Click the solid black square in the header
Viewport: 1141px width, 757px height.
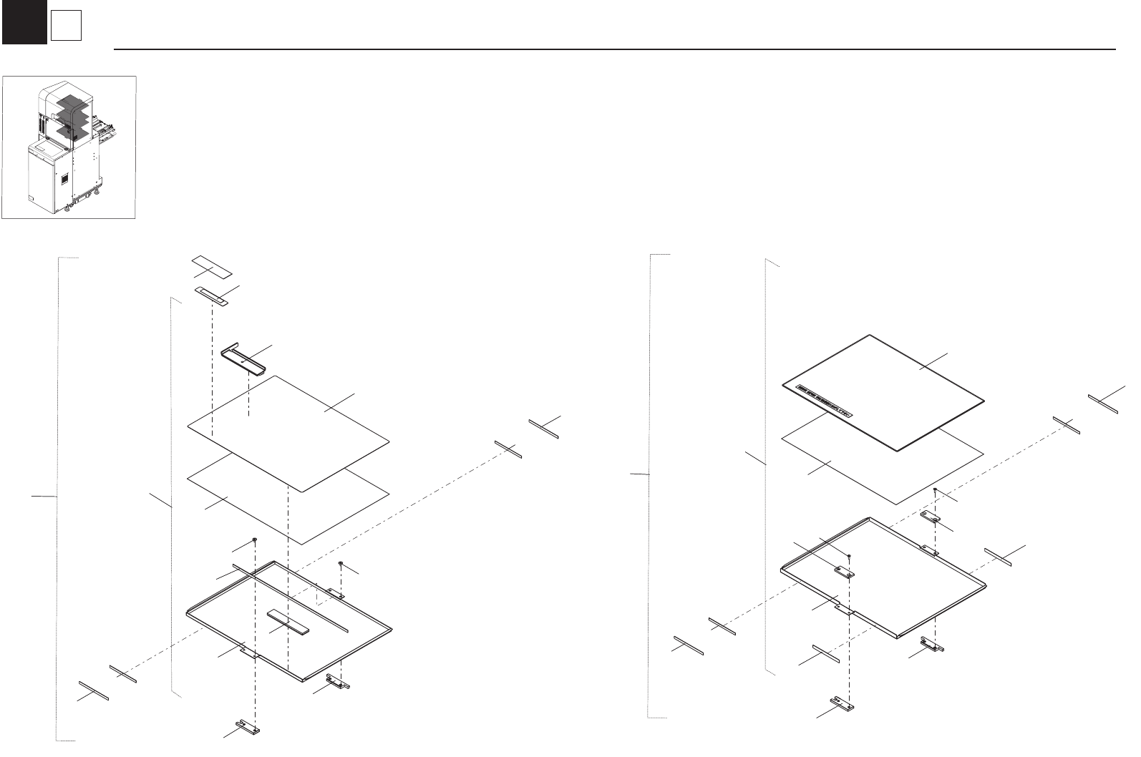24,22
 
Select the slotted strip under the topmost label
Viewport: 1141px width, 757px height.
211,296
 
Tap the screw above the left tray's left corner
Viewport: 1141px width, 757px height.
255,539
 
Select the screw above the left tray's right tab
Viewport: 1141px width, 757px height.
341,564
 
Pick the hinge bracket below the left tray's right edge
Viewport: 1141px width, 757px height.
338,683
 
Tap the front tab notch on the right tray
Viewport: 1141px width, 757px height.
845,610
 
